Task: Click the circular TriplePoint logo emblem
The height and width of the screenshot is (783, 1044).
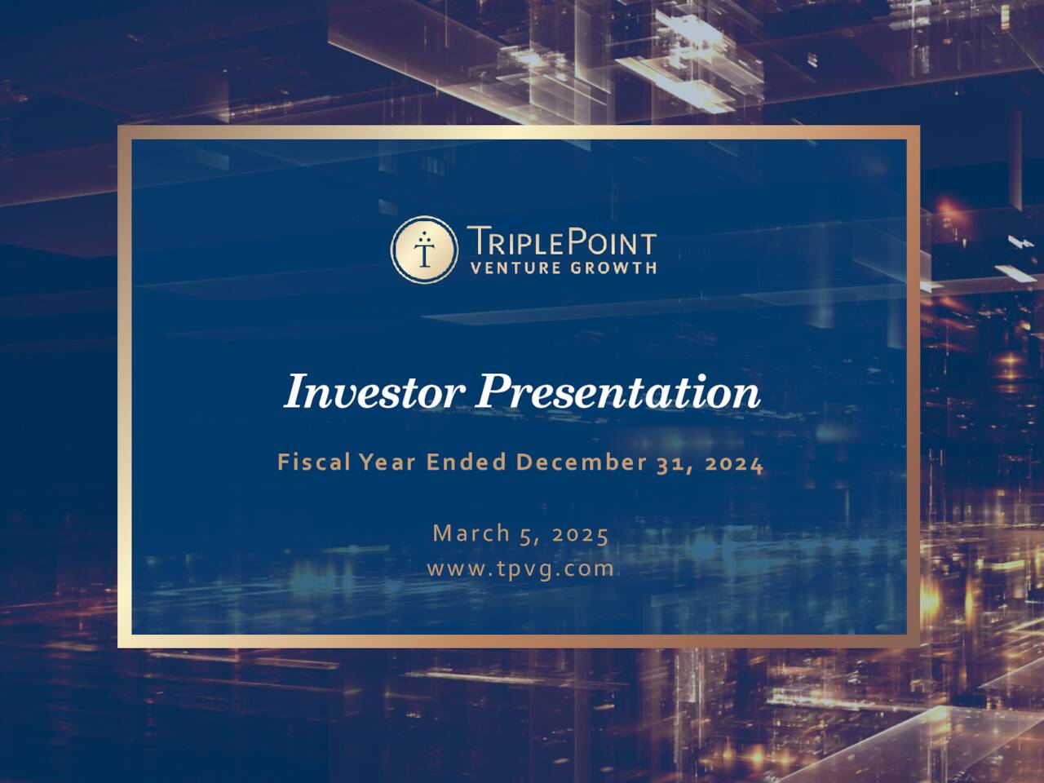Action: pyautogui.click(x=423, y=249)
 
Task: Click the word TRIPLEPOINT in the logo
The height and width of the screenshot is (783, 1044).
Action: pyautogui.click(x=561, y=243)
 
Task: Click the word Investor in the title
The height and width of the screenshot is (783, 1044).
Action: pyautogui.click(x=374, y=392)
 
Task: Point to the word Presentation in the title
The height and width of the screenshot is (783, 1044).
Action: pyautogui.click(x=618, y=392)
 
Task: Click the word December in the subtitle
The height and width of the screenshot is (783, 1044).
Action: pyautogui.click(x=580, y=463)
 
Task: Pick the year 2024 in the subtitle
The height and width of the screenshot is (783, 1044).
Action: pyautogui.click(x=734, y=463)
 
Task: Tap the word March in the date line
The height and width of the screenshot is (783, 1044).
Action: pyautogui.click(x=471, y=533)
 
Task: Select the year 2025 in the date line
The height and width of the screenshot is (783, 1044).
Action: pyautogui.click(x=580, y=534)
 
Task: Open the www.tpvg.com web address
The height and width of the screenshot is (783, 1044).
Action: pyautogui.click(x=520, y=568)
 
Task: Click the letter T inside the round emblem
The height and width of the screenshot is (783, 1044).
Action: pyautogui.click(x=423, y=252)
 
